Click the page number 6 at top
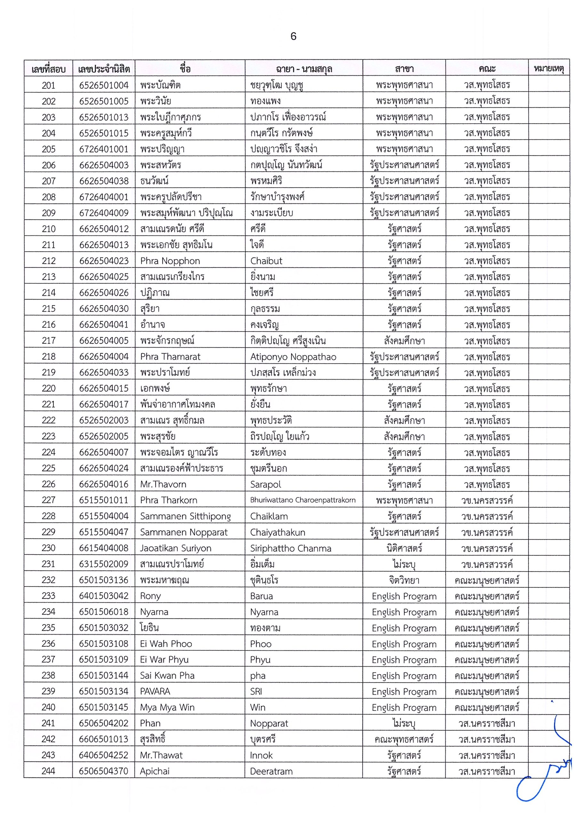coord(293,37)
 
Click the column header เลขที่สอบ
coord(48,69)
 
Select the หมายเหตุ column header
coord(549,68)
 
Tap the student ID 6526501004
coord(104,85)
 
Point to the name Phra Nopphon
coord(170,261)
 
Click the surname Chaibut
coord(266,261)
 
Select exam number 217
coord(49,340)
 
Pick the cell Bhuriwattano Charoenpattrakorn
coord(303,500)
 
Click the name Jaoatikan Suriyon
coord(175,548)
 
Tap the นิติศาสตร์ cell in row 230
coord(404,548)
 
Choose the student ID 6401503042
coord(104,596)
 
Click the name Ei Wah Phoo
coord(166,644)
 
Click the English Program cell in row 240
coord(404,708)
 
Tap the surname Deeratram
coord(271,771)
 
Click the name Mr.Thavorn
coord(163,485)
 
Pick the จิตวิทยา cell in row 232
coord(404,580)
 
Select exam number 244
coord(48,771)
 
